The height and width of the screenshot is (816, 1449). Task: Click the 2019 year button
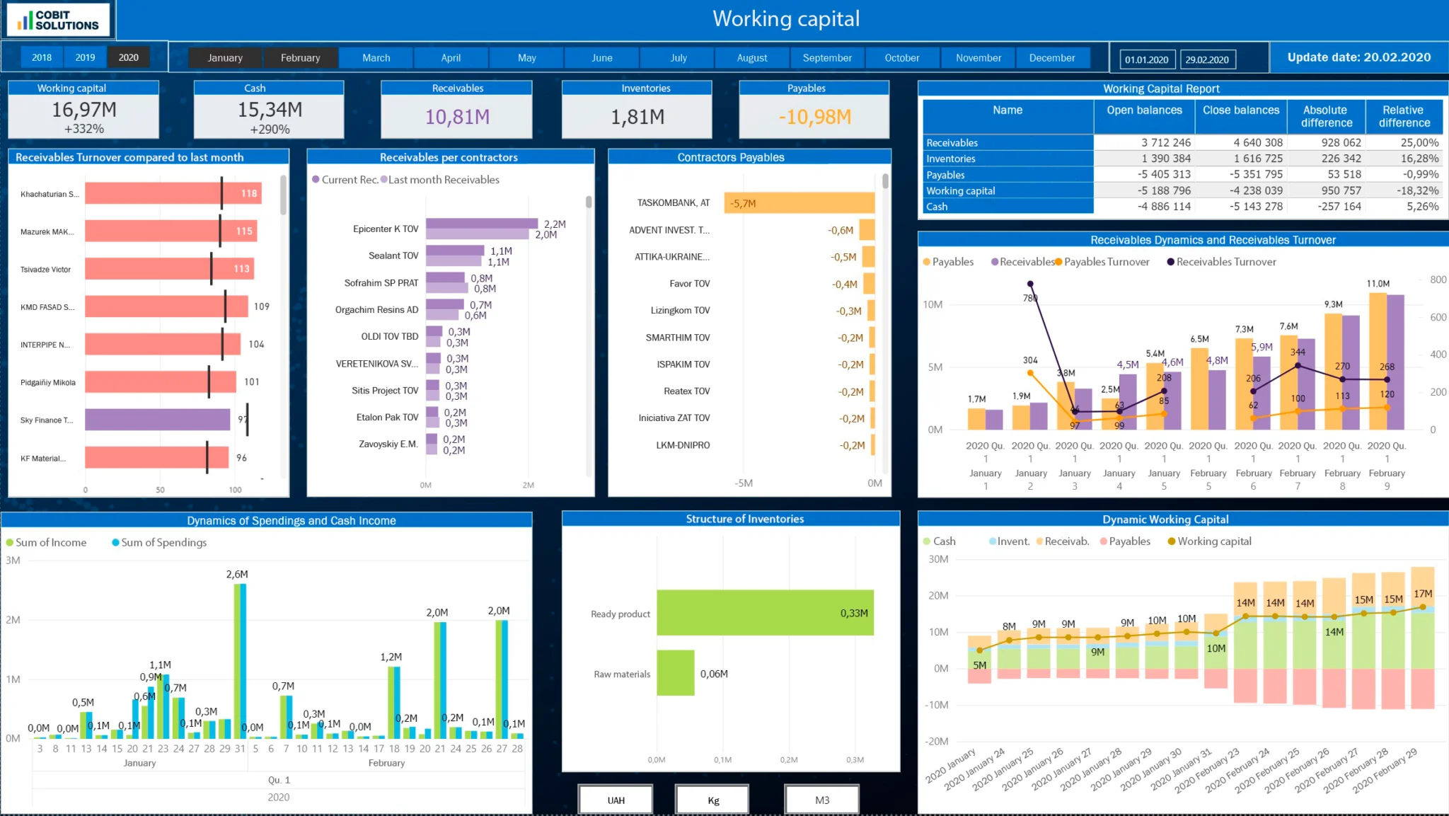click(x=85, y=57)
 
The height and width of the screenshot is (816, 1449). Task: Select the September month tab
click(x=826, y=57)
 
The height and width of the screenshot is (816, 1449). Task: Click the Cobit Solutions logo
click(x=59, y=20)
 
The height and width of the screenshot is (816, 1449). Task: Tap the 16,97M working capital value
click(x=83, y=110)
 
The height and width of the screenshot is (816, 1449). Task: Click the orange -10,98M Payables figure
click(x=814, y=117)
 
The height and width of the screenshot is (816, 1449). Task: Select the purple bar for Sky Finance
click(x=157, y=420)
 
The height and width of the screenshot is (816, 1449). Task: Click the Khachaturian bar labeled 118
click(x=173, y=193)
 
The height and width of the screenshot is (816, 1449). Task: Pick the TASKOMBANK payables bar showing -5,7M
click(x=799, y=203)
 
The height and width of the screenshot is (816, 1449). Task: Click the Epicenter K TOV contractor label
click(x=386, y=229)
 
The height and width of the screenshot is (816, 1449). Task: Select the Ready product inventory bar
click(x=764, y=613)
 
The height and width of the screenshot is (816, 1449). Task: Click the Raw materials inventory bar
click(x=675, y=673)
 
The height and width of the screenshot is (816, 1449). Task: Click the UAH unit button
click(x=616, y=800)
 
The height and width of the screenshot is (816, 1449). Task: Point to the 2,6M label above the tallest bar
click(x=237, y=574)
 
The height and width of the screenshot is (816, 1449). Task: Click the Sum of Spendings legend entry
click(x=163, y=542)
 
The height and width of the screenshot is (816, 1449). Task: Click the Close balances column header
click(x=1240, y=110)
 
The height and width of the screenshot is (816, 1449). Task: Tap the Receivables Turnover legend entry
click(x=1225, y=262)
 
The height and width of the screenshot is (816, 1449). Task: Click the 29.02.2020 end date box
click(x=1207, y=59)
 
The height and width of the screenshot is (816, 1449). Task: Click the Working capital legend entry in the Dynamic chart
click(x=1213, y=541)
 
